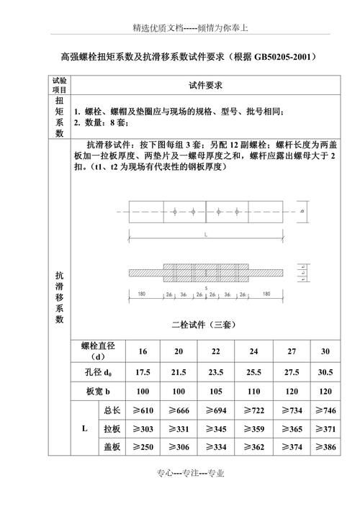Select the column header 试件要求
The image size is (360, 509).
pos(204,85)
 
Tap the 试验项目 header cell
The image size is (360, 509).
pos(60,85)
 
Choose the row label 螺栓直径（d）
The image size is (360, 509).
pos(99,351)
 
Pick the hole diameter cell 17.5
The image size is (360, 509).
pos(143,372)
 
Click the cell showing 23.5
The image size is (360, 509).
pos(216,372)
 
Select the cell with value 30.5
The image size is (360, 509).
pos(325,372)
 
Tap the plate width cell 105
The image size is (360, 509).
pos(216,392)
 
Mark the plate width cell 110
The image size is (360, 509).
pos(253,392)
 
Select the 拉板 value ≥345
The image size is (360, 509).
pos(216,428)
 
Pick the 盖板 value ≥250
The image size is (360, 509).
pos(143,446)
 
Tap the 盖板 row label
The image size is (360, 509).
pos(112,446)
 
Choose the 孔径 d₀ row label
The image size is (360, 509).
pos(99,372)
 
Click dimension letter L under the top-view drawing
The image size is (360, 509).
pos(207,235)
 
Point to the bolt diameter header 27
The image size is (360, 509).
pos(290,351)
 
